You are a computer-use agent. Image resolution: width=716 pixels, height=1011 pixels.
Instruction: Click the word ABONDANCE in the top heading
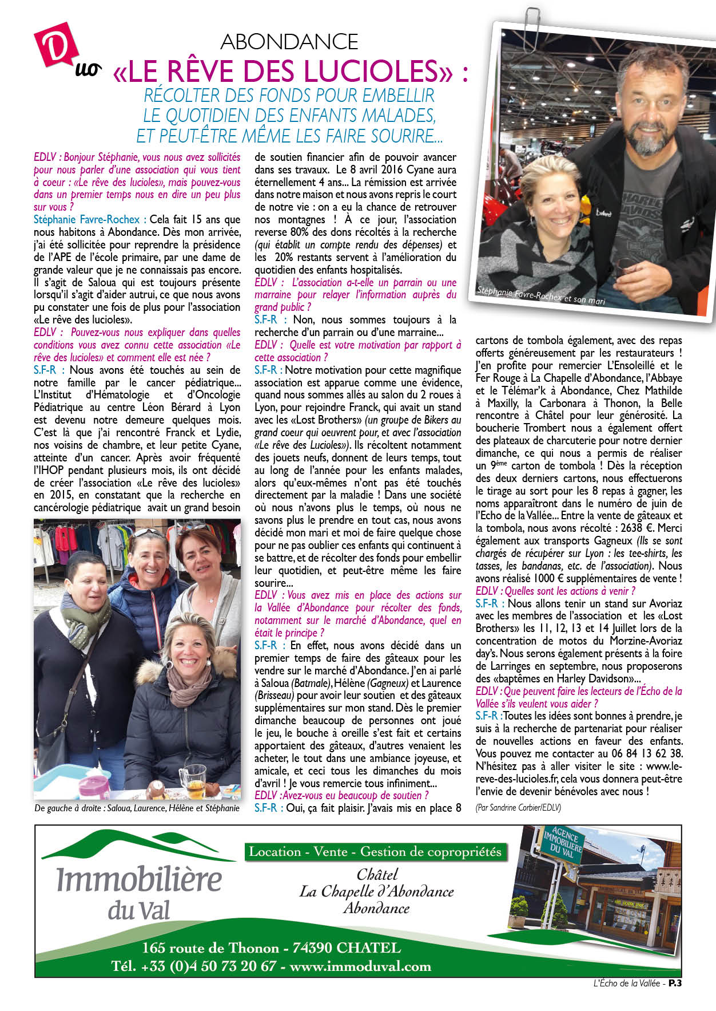289,42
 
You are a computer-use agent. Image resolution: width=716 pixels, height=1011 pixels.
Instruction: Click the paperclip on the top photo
527,14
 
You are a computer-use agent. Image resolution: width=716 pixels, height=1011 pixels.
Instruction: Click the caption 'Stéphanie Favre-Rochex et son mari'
541,295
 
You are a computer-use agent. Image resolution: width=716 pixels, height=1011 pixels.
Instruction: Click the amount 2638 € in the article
631,528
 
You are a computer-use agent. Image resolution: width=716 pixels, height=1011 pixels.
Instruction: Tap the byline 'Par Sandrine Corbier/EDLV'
518,807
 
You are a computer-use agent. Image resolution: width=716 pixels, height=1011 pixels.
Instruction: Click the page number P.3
675,984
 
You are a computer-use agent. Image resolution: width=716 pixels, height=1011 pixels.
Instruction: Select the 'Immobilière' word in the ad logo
139,880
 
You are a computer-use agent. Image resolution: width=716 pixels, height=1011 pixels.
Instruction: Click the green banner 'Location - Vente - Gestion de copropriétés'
375,852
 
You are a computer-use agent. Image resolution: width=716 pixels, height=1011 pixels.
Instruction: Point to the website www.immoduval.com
360,966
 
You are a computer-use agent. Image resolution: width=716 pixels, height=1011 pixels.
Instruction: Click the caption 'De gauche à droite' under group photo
137,808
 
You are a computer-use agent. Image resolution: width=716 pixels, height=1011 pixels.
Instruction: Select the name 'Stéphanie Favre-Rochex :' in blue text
90,220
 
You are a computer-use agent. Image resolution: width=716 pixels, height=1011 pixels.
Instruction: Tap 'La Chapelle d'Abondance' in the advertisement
376,891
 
